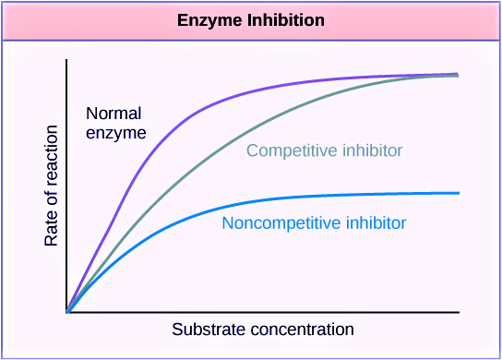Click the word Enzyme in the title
(x=209, y=21)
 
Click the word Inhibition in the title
(x=286, y=20)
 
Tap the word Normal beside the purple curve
(x=114, y=114)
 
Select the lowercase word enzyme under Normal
(x=116, y=133)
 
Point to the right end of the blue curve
(x=460, y=193)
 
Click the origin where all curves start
(x=67, y=312)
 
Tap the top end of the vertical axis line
(x=66, y=60)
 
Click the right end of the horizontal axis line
(x=460, y=312)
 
